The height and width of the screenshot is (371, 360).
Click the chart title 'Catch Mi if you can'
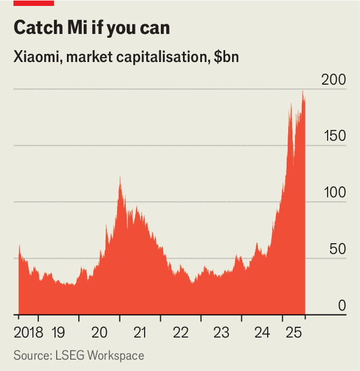click(91, 28)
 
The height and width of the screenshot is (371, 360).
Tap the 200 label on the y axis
click(333, 79)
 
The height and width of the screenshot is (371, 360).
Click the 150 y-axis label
click(333, 136)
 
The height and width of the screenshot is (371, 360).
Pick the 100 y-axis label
click(333, 192)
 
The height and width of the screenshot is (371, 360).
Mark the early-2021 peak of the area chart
click(120, 178)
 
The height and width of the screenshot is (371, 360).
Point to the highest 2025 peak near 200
click(303, 92)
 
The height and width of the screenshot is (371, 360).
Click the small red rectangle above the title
click(34, 3)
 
